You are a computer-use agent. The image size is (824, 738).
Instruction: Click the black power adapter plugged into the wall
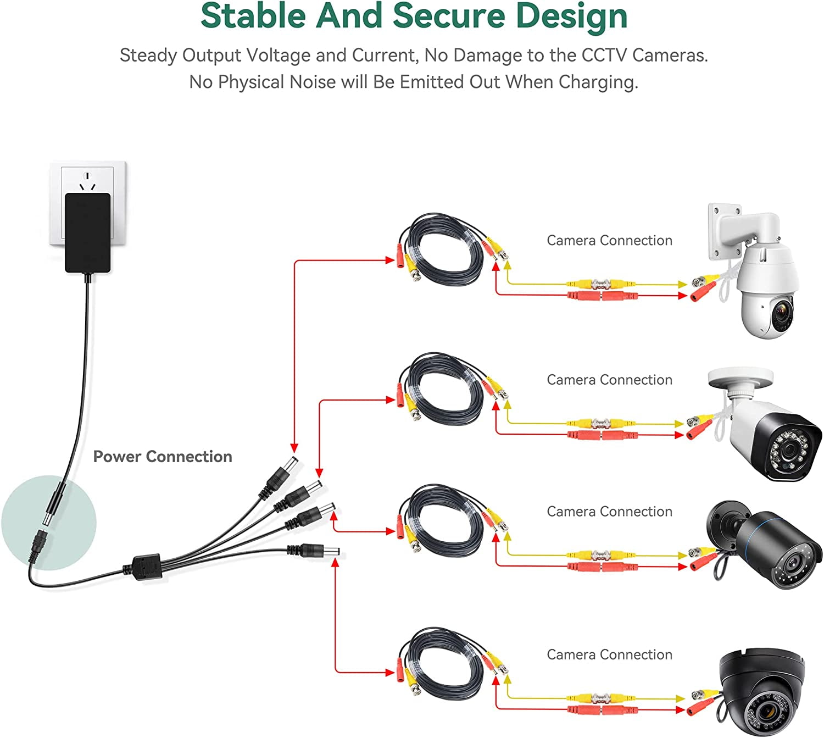tap(88, 232)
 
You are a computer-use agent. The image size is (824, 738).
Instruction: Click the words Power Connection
tap(163, 457)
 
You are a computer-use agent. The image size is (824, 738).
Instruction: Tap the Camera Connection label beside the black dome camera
tap(609, 654)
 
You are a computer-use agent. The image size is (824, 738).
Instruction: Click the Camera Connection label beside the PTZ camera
tap(609, 240)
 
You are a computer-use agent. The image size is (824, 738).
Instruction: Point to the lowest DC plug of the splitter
tap(319, 550)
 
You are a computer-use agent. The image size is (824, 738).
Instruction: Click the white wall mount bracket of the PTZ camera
tap(731, 231)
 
